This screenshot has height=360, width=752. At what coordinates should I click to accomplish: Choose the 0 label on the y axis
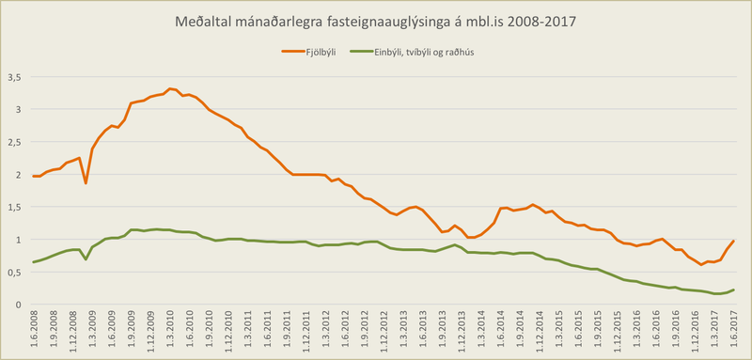[x=17, y=305]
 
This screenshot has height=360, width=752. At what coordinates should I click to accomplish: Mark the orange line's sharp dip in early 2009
[x=86, y=182]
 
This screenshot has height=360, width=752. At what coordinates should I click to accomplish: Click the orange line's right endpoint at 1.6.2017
[x=733, y=242]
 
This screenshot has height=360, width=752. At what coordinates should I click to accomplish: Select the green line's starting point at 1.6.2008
[x=33, y=262]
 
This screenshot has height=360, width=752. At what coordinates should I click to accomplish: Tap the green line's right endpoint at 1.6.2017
[x=733, y=290]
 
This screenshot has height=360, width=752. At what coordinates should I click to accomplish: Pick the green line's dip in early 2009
[x=86, y=258]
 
